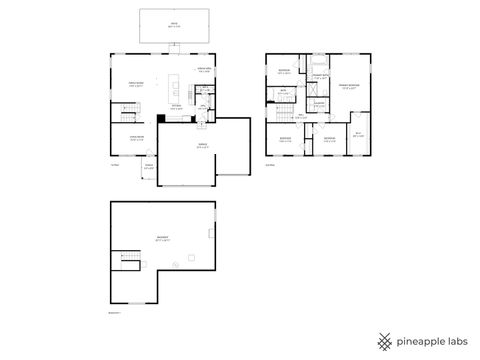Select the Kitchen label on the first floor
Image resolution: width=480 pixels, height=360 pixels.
(x=176, y=107)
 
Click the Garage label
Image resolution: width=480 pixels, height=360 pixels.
(x=202, y=147)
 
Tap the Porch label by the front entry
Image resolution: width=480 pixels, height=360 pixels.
(x=149, y=168)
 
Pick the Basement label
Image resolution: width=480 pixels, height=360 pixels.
(x=162, y=239)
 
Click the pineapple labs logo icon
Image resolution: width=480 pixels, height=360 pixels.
(x=384, y=340)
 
